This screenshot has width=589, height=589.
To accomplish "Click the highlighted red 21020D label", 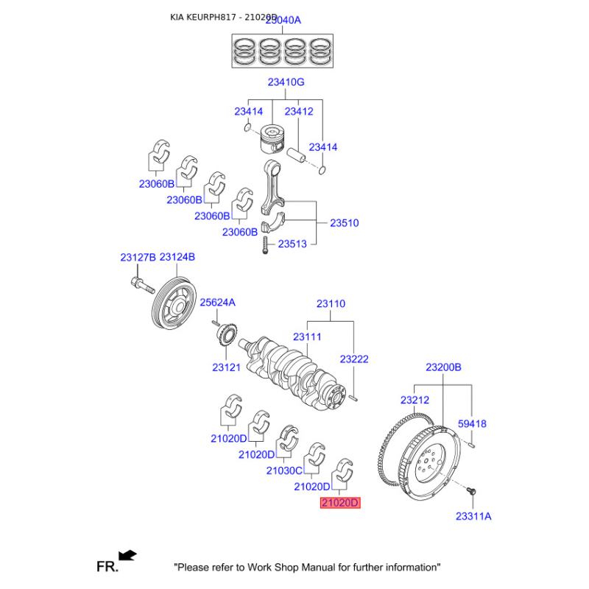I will pos(339,504).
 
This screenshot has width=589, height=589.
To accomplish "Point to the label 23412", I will pos(299,112).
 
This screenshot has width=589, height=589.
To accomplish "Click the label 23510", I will pos(344,222).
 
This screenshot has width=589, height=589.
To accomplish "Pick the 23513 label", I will pos(292,244).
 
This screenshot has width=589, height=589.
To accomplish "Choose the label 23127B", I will pos(138,257).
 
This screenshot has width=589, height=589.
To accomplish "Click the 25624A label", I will pos(217,302).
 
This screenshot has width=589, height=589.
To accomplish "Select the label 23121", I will pos(227,367).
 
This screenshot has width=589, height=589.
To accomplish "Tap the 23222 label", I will pos(354,359).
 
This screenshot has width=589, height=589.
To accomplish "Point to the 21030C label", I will pos(284,470).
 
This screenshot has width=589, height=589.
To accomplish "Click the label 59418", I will pos(472,424).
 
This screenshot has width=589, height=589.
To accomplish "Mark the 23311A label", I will pos(473,516).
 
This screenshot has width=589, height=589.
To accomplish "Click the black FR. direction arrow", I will pos(127,554).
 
